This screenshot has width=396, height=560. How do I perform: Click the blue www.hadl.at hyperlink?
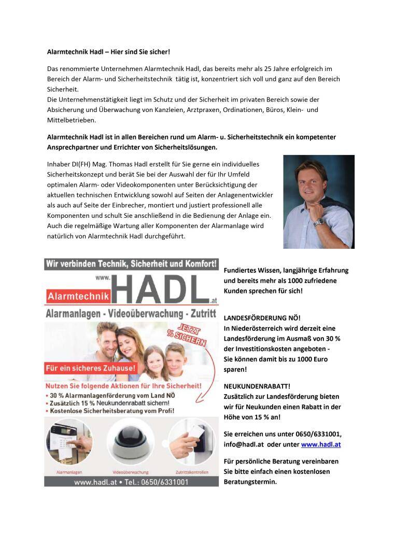321,444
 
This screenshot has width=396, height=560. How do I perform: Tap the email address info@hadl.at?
244,444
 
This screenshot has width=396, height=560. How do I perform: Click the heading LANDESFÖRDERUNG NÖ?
262,318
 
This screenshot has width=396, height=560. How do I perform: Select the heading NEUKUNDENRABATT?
257,386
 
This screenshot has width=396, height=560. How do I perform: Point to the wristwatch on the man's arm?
319,221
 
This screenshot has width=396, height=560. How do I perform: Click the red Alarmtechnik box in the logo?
79,296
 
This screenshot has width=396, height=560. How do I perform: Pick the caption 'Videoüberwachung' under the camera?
131,472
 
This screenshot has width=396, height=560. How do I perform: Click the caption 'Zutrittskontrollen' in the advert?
191,472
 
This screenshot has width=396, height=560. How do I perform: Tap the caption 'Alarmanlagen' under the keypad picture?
69,472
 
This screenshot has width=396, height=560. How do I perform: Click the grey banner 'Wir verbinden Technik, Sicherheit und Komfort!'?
132,263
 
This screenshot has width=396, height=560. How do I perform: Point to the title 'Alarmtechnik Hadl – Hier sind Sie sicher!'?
108,52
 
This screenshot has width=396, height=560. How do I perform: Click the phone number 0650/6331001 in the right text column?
318,434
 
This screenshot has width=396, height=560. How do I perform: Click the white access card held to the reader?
196,432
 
